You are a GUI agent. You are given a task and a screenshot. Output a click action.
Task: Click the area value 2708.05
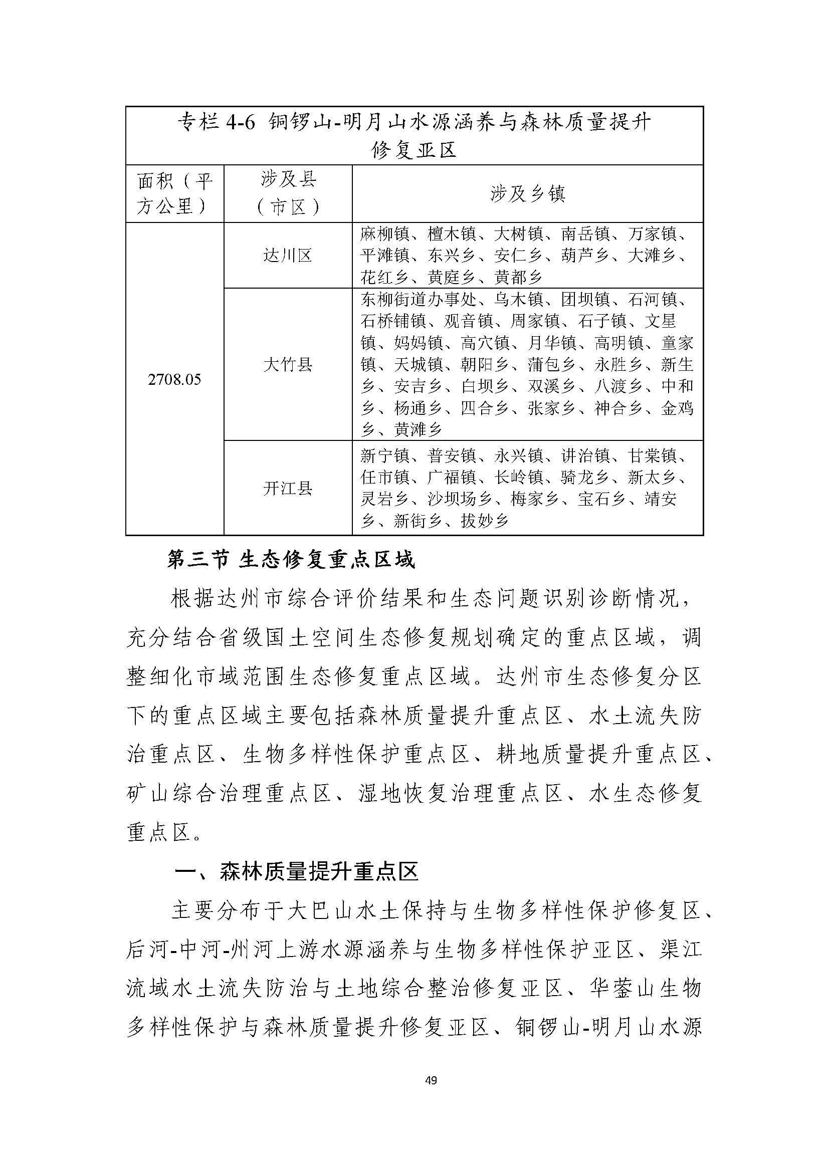point(174,379)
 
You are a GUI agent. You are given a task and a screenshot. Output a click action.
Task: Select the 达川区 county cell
point(287,255)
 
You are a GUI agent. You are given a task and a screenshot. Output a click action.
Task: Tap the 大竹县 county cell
point(287,364)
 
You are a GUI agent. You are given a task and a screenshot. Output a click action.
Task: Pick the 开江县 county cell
point(287,489)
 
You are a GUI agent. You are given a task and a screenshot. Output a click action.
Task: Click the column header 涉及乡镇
point(527,193)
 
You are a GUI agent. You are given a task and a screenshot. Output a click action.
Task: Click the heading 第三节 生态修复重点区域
point(291,561)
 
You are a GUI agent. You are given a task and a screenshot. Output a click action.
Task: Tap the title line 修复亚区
point(414,150)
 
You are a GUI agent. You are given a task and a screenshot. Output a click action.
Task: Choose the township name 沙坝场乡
point(460,499)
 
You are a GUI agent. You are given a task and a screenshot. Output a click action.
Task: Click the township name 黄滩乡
point(418,430)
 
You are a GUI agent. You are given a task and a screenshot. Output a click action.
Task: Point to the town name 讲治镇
point(585,455)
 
